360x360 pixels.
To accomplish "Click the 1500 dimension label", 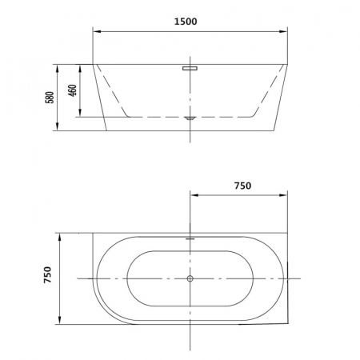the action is tap(186, 22).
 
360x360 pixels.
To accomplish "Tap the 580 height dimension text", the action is tap(50, 98).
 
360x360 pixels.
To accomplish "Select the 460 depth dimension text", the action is tap(72, 90).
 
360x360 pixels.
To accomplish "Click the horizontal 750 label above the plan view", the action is tap(242, 186).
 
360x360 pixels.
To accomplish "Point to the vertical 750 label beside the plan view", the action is tap(48, 274).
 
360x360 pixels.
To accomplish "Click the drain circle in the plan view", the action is tap(190, 278).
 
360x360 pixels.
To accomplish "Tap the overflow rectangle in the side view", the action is tap(190, 68).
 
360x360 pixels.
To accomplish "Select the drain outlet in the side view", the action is tap(190, 118).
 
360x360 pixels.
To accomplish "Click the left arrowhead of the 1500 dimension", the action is tap(97, 31).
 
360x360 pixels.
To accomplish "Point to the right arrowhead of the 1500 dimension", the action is tap(283, 31).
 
